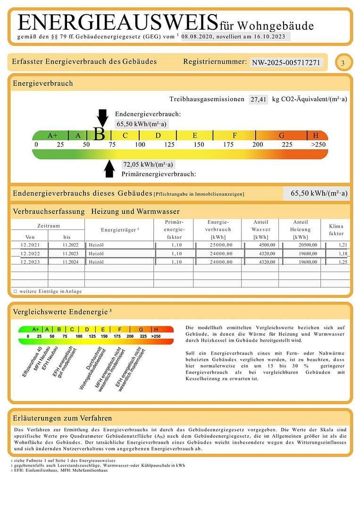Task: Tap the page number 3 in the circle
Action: pos(343,63)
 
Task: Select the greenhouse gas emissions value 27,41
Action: pos(259,99)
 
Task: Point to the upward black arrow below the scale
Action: pos(109,169)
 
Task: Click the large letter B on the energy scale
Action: pos(99,135)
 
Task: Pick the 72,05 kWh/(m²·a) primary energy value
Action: pos(148,165)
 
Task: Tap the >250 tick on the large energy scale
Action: pos(318,144)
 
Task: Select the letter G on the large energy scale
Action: pos(282,136)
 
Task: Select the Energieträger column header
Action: pos(120,230)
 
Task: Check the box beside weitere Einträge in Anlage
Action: pos(15,291)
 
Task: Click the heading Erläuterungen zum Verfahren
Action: pos(62,418)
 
